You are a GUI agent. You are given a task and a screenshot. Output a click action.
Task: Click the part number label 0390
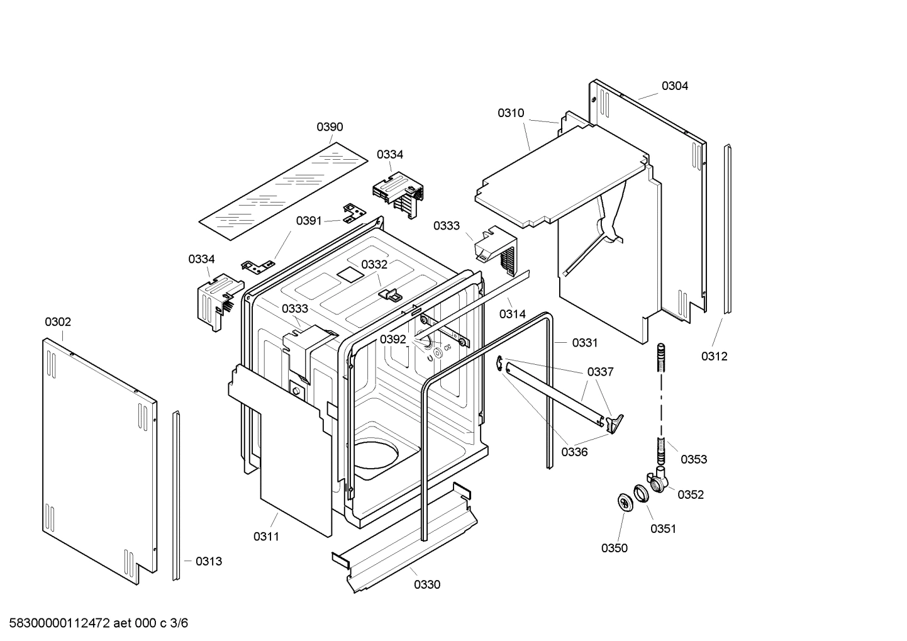[329, 127]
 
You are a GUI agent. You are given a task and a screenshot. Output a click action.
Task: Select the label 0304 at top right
[674, 86]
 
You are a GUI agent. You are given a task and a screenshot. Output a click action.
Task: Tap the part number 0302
[58, 322]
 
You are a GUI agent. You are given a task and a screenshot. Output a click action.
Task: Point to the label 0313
[208, 562]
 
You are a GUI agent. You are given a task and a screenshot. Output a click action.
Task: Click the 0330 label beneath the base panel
[427, 585]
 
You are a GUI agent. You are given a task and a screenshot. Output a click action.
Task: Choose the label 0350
[614, 548]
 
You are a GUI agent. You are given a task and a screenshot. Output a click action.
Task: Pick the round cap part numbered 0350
[625, 503]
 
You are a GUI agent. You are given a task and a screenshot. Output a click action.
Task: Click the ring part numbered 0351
[640, 493]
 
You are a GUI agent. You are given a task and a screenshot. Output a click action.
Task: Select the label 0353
[694, 459]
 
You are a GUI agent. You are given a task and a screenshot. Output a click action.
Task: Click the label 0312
[714, 357]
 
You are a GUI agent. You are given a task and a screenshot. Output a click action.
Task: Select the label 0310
[511, 113]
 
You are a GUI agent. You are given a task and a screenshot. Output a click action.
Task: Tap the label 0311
[266, 537]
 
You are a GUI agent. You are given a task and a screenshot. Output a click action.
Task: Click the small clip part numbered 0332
[391, 293]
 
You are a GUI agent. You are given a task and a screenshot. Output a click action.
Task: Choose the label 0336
[574, 452]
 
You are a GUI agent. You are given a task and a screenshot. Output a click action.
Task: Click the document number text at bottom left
[95, 623]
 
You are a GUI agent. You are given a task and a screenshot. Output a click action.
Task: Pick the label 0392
[393, 340]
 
